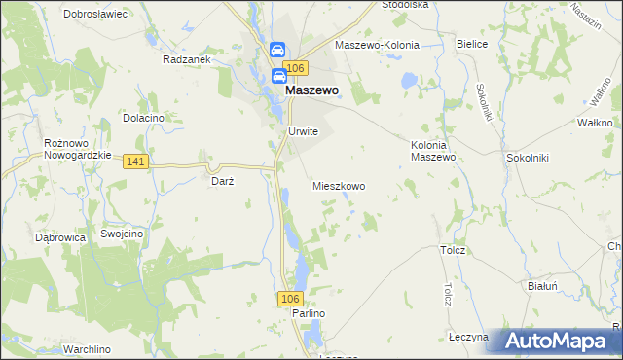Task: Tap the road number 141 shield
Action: pyautogui.click(x=136, y=162)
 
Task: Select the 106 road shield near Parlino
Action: pyautogui.click(x=288, y=298)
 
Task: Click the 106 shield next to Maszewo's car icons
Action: pyautogui.click(x=298, y=67)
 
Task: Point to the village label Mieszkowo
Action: pyautogui.click(x=339, y=185)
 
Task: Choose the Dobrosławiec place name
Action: pyautogui.click(x=96, y=15)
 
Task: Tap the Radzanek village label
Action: pyautogui.click(x=187, y=58)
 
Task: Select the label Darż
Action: pyautogui.click(x=223, y=180)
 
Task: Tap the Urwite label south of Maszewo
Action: pyautogui.click(x=303, y=132)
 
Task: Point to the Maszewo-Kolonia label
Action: pyautogui.click(x=377, y=46)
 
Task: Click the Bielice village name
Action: pyautogui.click(x=471, y=45)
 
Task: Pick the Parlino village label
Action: pyautogui.click(x=308, y=313)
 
